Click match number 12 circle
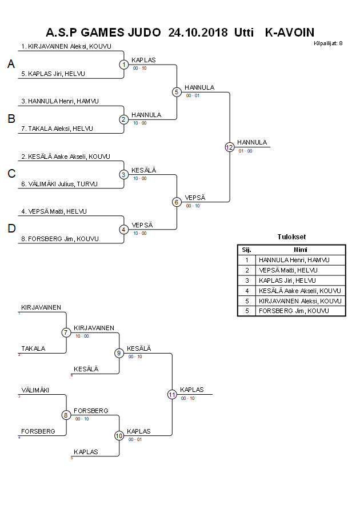(x=230, y=147)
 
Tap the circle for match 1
(x=124, y=65)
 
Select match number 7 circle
(x=66, y=332)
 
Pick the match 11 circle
(x=172, y=394)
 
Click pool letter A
(x=11, y=65)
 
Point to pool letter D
(x=11, y=229)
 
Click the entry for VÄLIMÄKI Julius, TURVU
(x=63, y=184)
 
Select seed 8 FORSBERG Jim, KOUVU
(x=63, y=239)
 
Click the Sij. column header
(x=247, y=250)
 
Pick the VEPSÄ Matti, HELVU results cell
(x=287, y=270)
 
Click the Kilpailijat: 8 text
(x=328, y=43)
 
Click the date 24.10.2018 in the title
(x=198, y=32)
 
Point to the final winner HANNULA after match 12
(x=252, y=142)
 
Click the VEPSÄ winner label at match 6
(x=195, y=197)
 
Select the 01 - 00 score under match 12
(x=245, y=151)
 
